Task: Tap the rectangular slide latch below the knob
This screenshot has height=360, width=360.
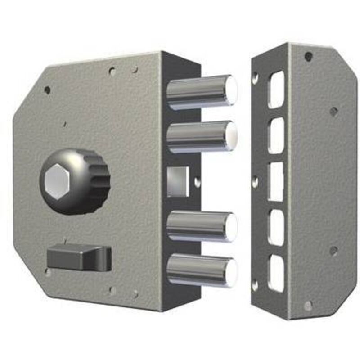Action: coord(79,257)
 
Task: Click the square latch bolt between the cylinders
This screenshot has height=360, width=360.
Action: coord(178,181)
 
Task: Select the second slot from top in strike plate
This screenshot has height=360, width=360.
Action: coord(276,134)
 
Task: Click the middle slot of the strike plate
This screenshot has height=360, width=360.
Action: coord(275,181)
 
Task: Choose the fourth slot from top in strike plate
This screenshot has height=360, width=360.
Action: coord(276,228)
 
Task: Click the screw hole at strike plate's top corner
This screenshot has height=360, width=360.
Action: coord(308,57)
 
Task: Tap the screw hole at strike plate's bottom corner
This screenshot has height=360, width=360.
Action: coord(308,306)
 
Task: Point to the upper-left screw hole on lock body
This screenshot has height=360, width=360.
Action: coord(47,90)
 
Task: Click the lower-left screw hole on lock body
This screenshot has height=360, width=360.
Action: coord(47,272)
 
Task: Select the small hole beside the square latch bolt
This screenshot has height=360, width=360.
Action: coord(197,182)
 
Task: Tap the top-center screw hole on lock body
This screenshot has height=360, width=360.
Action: coord(112,71)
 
